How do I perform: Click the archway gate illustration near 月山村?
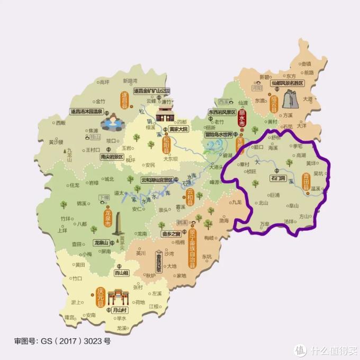(119, 298)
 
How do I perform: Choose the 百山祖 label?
(122, 274)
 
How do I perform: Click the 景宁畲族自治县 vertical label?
(192, 250)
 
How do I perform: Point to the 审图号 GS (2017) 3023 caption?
(62, 341)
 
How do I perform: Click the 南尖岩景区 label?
(104, 157)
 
